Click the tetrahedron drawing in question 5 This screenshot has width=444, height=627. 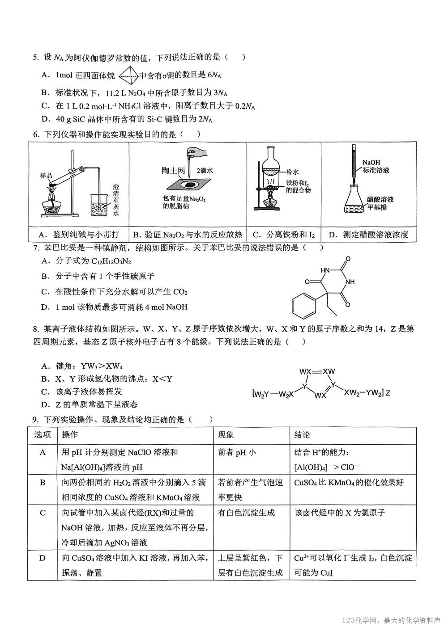[x=128, y=76]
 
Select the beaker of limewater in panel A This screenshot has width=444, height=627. [x=101, y=204]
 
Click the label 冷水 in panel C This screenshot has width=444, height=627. [x=292, y=172]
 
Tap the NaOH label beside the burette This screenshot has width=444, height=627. [x=371, y=163]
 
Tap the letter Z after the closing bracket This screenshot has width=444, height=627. [x=388, y=393]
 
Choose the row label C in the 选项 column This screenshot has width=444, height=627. [x=43, y=513]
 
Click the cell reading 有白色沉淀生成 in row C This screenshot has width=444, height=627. [x=246, y=513]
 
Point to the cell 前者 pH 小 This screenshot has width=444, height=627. [x=237, y=452]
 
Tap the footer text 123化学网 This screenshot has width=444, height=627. [x=361, y=620]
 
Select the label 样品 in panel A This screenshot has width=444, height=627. [x=47, y=176]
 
